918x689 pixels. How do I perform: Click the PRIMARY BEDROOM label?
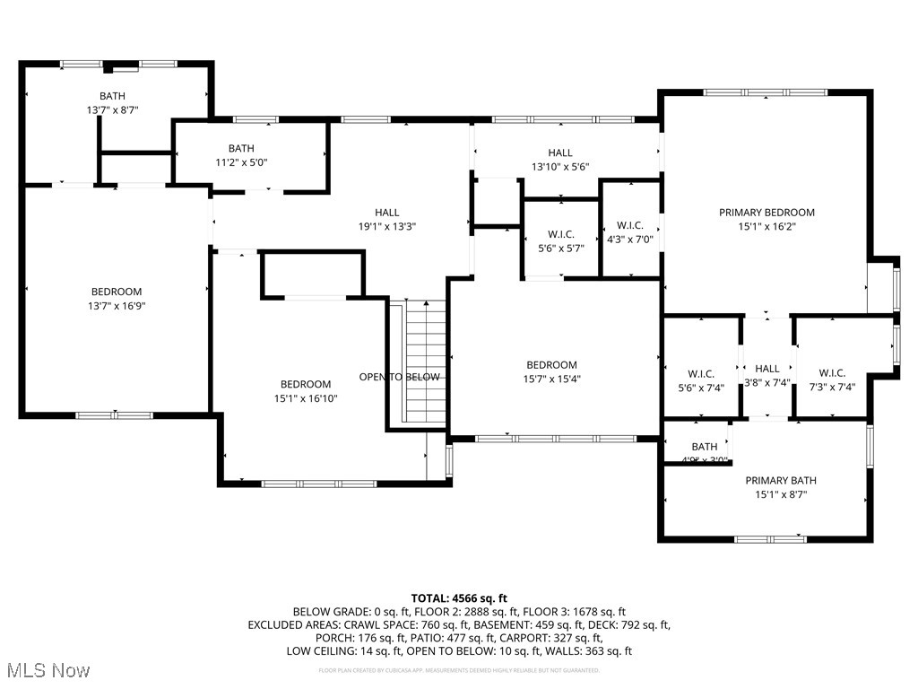(x=766, y=213)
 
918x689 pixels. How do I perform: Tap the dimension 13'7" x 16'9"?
(x=117, y=306)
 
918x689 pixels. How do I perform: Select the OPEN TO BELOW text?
(x=399, y=377)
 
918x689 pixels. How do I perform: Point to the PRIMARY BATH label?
(x=780, y=480)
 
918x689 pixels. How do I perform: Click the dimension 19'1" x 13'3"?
(x=387, y=227)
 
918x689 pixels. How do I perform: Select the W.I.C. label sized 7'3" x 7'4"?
(x=832, y=373)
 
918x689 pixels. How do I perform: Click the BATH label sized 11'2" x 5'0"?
(x=241, y=149)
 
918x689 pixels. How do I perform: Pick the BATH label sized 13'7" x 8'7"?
(x=112, y=96)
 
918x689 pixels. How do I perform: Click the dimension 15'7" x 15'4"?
(x=551, y=379)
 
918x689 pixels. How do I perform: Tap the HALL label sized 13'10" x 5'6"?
(x=560, y=153)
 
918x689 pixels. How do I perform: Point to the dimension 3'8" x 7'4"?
(x=767, y=382)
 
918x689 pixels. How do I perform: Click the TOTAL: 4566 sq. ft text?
(x=459, y=597)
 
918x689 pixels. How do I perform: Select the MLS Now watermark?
(x=47, y=671)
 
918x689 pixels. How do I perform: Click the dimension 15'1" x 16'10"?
(x=306, y=398)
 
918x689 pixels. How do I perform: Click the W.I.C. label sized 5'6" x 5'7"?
(x=560, y=234)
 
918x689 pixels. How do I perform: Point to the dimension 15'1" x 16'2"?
(x=766, y=227)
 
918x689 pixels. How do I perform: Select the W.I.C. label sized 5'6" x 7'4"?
(x=700, y=373)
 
